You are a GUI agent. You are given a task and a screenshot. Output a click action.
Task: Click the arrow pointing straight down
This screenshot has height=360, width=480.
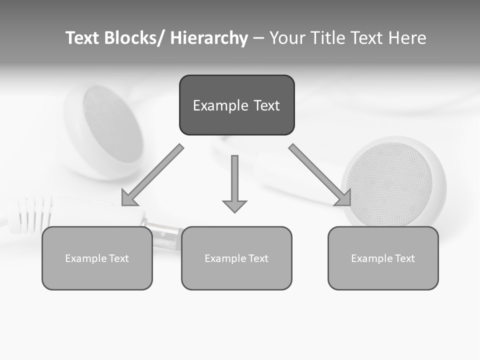(x=234, y=182)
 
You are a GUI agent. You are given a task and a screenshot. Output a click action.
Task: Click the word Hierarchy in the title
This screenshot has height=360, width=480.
(x=209, y=38)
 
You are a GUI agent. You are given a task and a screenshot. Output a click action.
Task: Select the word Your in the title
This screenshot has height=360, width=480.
(x=288, y=38)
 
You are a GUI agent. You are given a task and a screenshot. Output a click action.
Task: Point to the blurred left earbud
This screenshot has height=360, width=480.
(x=107, y=130)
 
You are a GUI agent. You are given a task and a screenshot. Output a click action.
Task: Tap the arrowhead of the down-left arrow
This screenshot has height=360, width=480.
(x=129, y=198)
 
